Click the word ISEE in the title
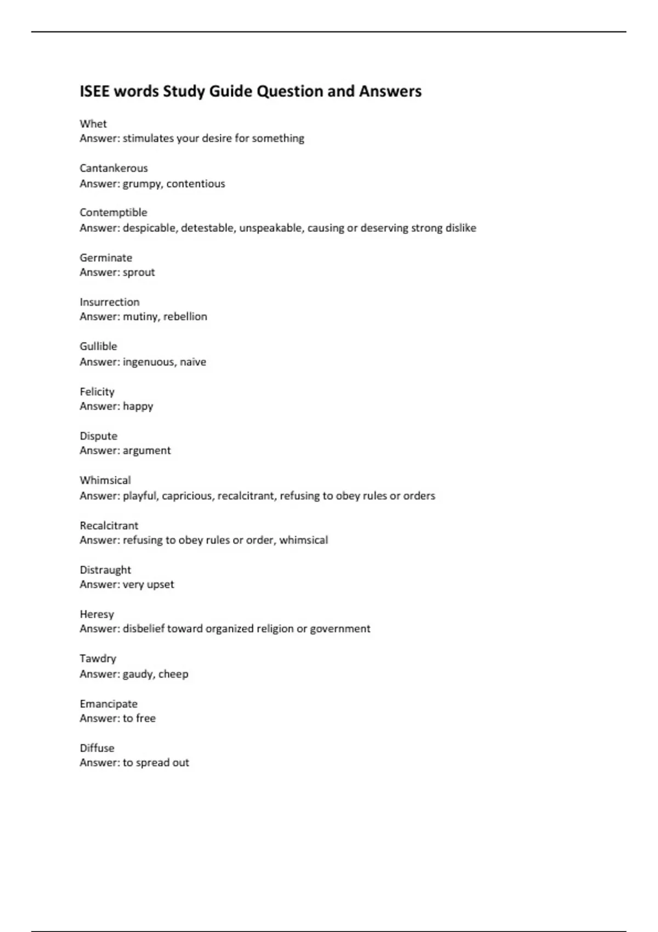click(94, 91)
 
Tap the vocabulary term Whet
click(93, 124)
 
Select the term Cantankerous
click(114, 168)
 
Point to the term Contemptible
click(114, 213)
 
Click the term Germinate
click(106, 258)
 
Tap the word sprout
click(139, 272)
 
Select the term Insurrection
click(110, 302)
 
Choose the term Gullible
click(98, 346)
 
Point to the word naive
click(193, 362)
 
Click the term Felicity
click(97, 391)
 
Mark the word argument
click(147, 451)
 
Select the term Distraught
click(105, 570)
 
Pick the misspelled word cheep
click(173, 674)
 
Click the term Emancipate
click(109, 704)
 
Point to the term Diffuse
click(97, 748)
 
